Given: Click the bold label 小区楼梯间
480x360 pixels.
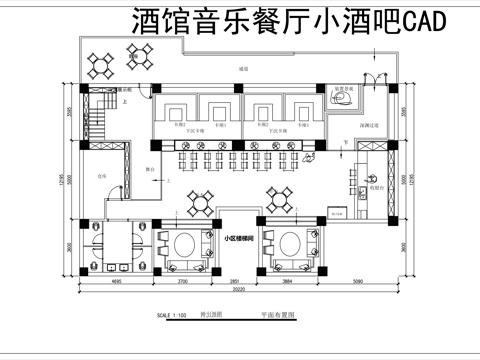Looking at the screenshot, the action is (x=238, y=239).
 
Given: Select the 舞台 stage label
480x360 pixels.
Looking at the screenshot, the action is (x=149, y=169).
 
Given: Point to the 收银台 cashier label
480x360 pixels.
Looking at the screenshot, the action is (x=376, y=184).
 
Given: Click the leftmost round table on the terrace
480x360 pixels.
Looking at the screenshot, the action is (x=102, y=65).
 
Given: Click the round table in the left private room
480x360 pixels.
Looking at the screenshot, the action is (x=185, y=244).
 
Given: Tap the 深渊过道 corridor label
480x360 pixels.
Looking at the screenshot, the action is (x=368, y=125).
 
